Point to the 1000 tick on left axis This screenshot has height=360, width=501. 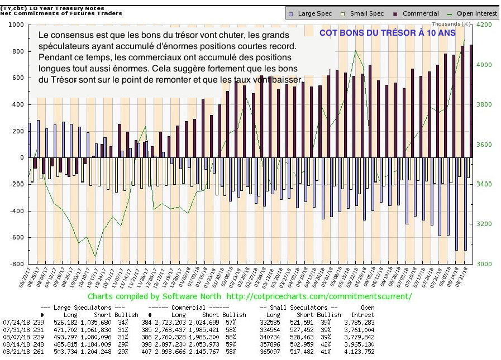tap(15, 25)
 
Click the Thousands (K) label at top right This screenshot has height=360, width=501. tap(451, 25)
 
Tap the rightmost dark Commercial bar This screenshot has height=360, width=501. tap(470, 100)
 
